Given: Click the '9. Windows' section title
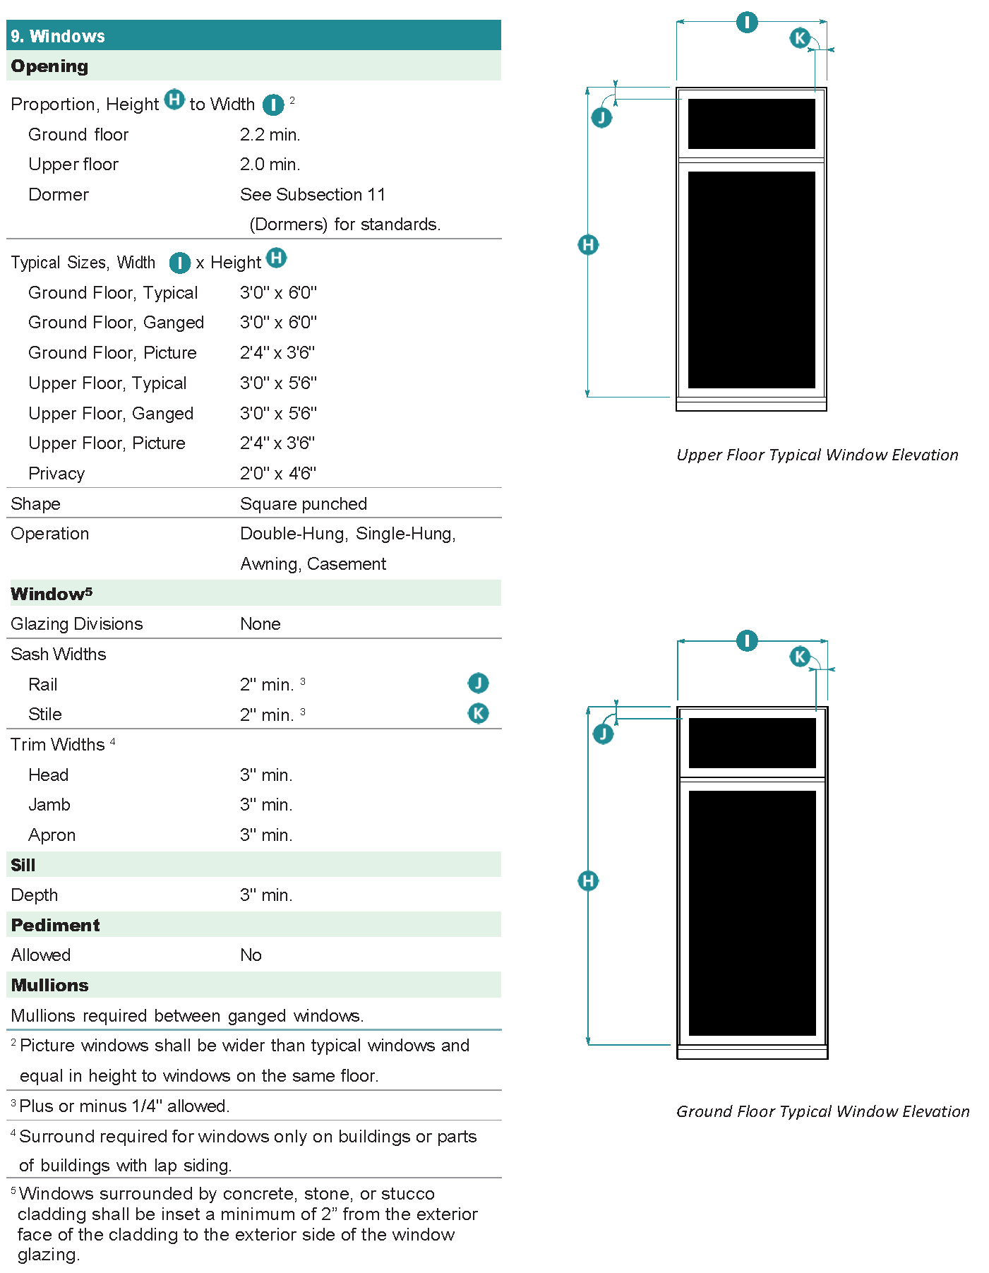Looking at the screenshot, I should (x=58, y=36).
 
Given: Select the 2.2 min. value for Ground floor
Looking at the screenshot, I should (x=270, y=134).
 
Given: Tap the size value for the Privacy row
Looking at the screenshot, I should (x=277, y=473).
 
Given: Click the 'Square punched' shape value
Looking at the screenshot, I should (x=303, y=503).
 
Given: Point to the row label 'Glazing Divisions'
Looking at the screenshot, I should (x=76, y=623).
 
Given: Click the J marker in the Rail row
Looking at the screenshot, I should (x=478, y=683).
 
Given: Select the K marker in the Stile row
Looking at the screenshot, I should (x=478, y=713).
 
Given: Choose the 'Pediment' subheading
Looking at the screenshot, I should (x=55, y=925).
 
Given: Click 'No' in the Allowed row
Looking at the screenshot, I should (x=251, y=955).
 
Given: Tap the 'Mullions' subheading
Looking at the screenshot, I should (x=49, y=985).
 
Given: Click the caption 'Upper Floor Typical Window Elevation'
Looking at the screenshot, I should (x=817, y=455).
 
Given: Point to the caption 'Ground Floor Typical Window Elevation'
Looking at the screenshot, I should (x=822, y=1111).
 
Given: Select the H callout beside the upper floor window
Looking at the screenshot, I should (x=588, y=245).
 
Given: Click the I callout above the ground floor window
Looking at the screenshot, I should (x=747, y=641).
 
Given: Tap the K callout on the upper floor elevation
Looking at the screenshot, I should (x=799, y=37).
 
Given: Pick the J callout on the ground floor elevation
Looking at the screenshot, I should (x=603, y=734).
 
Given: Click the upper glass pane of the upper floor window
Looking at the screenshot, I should (x=751, y=124).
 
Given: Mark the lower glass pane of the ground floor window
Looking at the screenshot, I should (x=752, y=912).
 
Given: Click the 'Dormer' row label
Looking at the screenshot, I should (x=59, y=194).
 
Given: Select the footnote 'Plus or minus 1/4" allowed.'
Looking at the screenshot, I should (x=124, y=1106).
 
